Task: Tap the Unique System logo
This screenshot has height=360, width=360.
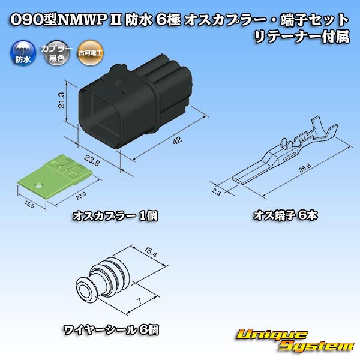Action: pos(295,340)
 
